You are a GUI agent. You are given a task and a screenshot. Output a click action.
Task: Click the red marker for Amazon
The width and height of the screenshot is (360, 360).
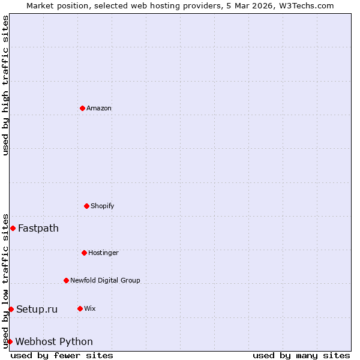82,108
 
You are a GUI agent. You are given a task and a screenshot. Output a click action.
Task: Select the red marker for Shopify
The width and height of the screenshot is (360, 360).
86,206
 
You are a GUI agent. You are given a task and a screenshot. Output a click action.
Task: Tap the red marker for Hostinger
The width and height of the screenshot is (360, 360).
84,253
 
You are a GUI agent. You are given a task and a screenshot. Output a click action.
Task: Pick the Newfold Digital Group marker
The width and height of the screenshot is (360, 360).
66,280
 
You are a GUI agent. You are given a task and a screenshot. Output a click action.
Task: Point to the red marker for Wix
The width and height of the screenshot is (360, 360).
80,308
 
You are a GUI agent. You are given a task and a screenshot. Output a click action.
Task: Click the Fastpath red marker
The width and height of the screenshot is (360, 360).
13,228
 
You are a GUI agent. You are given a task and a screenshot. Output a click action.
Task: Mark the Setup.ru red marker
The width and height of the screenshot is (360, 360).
11,309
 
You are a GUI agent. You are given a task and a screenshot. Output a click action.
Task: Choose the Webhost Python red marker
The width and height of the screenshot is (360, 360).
10,341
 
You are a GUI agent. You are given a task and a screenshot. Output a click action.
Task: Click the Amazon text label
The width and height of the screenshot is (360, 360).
99,109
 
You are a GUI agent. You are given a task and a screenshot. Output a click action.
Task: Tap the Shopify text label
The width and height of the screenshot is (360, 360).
103,206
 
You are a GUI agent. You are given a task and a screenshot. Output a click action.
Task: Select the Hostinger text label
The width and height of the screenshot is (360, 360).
103,253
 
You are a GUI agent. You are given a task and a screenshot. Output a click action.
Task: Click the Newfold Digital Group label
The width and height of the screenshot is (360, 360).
105,281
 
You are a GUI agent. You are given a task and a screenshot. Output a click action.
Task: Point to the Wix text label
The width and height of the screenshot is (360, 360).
90,309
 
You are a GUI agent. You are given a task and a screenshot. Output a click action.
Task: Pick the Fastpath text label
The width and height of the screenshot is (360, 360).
38,228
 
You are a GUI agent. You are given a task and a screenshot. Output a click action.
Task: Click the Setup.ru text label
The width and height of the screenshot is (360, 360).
37,310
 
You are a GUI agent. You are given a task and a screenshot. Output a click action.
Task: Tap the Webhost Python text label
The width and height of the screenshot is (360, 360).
54,342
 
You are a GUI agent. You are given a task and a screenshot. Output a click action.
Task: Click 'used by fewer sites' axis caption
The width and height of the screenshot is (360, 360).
62,355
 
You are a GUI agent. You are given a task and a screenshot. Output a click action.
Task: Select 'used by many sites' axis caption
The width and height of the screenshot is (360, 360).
301,355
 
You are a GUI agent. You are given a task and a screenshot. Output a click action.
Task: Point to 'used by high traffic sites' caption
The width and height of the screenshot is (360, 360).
5,85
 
